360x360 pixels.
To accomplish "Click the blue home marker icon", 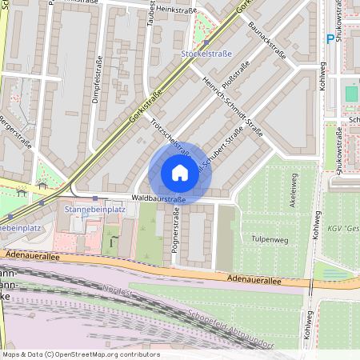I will pyautogui.click(x=179, y=172).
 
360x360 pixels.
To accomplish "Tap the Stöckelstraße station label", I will pyautogui.click(x=206, y=53).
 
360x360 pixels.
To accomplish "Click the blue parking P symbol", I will pyautogui.click(x=330, y=38).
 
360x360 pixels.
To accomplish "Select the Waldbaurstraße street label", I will pyautogui.click(x=158, y=198).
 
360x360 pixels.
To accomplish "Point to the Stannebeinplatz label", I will pyautogui.click(x=94, y=210).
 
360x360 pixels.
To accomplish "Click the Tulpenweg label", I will pyautogui.click(x=270, y=239).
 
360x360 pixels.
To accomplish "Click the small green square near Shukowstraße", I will pyautogui.click(x=351, y=94).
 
